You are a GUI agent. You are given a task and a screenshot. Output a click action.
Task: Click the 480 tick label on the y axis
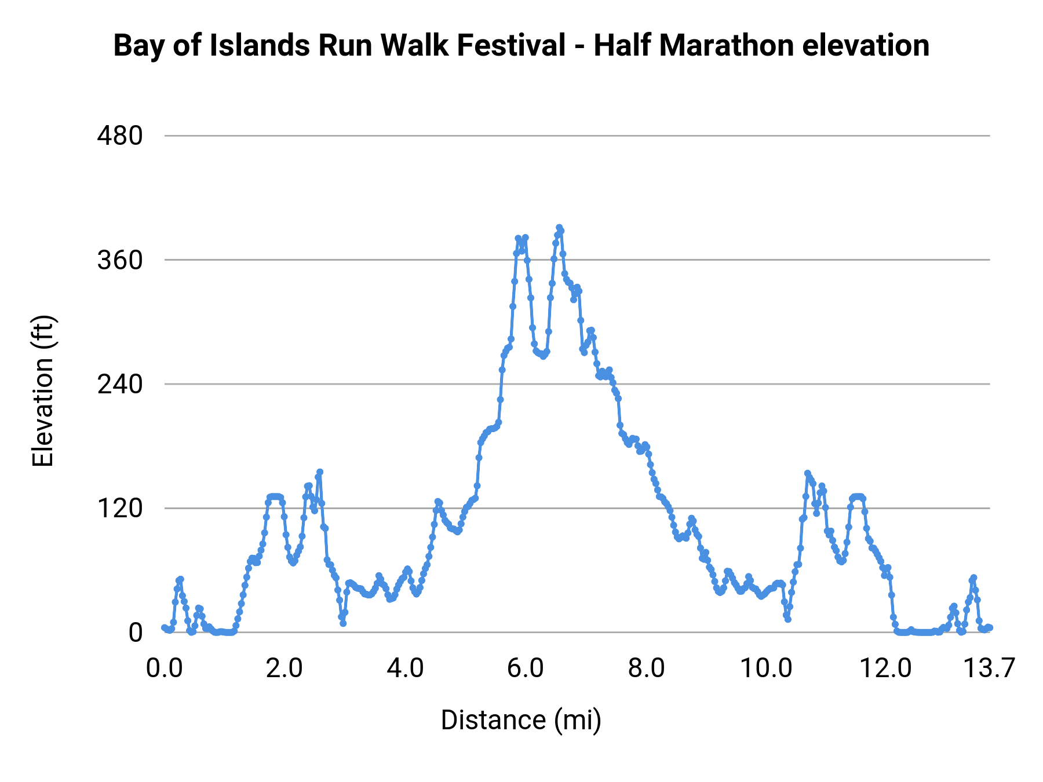(120, 136)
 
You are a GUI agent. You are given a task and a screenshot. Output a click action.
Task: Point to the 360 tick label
(120, 260)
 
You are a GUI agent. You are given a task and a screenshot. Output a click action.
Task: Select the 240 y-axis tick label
(120, 384)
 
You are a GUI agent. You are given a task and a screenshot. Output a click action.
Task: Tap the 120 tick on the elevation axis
(120, 508)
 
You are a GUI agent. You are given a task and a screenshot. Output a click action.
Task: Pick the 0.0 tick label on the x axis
(165, 668)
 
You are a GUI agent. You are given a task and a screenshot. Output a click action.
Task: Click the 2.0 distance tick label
(285, 668)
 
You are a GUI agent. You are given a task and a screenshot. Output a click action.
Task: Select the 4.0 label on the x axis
(405, 668)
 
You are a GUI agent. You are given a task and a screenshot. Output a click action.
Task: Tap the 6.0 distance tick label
(526, 668)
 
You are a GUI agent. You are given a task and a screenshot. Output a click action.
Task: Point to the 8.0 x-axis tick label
(646, 668)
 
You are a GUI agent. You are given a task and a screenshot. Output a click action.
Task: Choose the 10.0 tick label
(767, 668)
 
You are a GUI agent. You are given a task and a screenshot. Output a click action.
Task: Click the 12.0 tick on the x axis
(885, 668)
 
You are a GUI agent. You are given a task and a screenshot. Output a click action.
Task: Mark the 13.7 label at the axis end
(989, 668)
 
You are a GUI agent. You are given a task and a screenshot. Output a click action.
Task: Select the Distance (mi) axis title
(521, 720)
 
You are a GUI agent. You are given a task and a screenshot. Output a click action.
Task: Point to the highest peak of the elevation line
(559, 228)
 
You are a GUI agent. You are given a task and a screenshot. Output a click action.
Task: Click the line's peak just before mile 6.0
(518, 238)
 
